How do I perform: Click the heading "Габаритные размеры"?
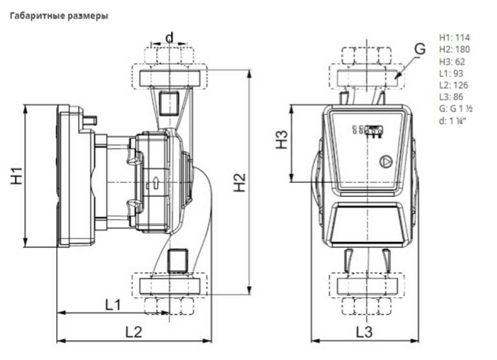tap(59, 15)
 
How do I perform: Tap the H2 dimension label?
tap(240, 182)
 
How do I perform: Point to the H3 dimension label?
tap(281, 140)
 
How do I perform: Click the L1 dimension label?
tap(113, 305)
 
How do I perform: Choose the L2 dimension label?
tap(134, 332)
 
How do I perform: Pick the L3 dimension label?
tap(364, 332)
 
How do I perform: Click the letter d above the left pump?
tap(170, 38)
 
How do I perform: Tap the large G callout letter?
tap(419, 49)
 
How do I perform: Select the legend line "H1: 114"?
tap(454, 37)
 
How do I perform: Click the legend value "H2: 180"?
tap(454, 49)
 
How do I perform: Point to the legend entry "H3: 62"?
tap(452, 61)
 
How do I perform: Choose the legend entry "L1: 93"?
tap(451, 73)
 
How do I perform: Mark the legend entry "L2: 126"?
tap(453, 85)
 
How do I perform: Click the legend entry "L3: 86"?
tap(451, 97)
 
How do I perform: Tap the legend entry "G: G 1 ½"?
tap(456, 108)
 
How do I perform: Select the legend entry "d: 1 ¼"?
tap(453, 120)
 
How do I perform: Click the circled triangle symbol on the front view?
tap(386, 162)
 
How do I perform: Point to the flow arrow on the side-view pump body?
tap(156, 183)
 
